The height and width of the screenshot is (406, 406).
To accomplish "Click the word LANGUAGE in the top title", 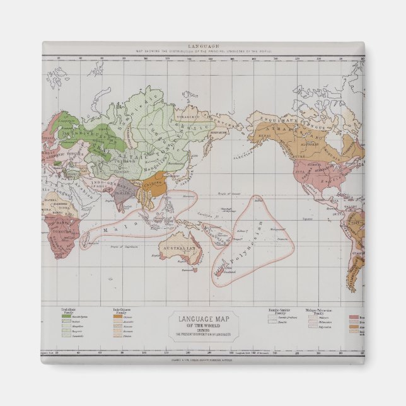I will coord(202,47).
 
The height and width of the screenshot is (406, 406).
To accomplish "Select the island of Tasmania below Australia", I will coord(187,271).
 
